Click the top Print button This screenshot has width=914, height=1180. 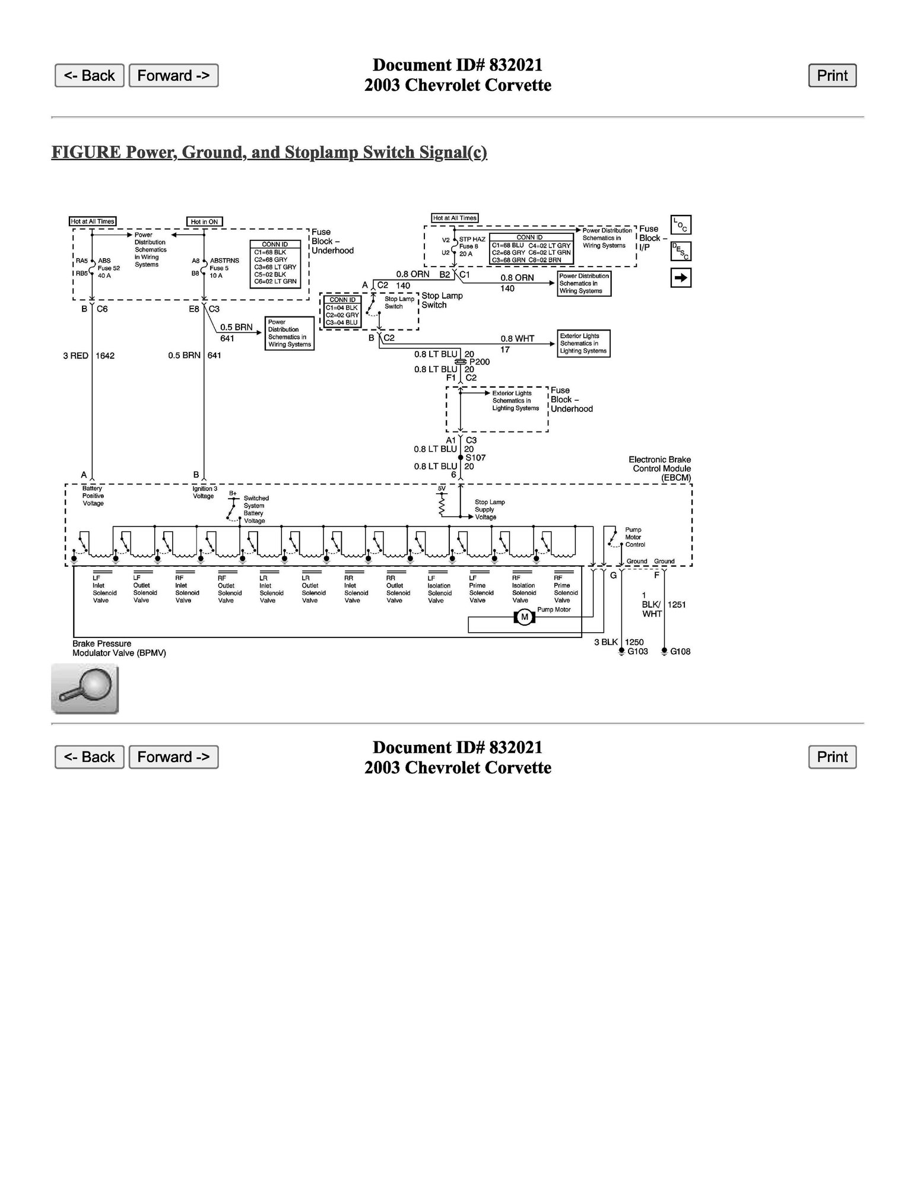point(832,75)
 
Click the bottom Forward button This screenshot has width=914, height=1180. point(173,757)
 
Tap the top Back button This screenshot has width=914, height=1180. point(89,75)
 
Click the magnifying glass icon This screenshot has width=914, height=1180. point(85,689)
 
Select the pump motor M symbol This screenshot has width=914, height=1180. point(524,618)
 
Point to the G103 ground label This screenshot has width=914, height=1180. point(637,651)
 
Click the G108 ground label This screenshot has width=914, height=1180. point(680,651)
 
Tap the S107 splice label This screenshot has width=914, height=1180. point(475,458)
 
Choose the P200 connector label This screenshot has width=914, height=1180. point(479,361)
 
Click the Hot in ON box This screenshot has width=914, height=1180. point(204,221)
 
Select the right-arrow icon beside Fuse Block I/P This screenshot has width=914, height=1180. point(681,278)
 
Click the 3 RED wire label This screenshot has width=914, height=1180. point(75,356)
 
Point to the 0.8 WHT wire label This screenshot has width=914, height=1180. point(517,339)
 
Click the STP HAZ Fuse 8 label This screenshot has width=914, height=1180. point(472,246)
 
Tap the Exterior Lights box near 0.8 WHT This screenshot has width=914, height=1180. point(583,344)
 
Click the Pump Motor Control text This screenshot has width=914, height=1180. point(634,537)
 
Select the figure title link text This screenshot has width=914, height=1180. point(269,153)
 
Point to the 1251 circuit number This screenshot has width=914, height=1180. point(677,605)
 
